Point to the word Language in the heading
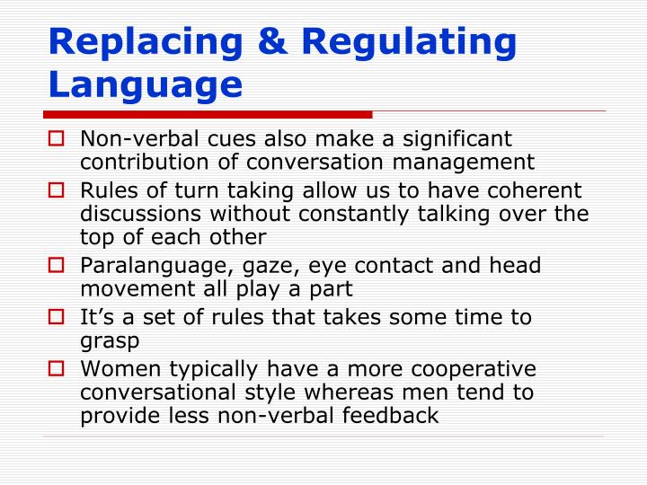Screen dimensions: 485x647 click(146, 86)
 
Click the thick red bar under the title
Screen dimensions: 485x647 click(207, 115)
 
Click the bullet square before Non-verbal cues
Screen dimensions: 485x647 click(58, 139)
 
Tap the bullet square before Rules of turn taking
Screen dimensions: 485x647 click(58, 191)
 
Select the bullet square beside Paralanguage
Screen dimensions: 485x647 click(58, 267)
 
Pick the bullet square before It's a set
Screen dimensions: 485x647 click(58, 318)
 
